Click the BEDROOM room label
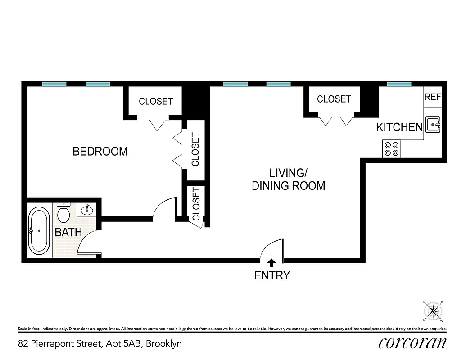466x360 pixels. (100, 152)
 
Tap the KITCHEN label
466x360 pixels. (399, 128)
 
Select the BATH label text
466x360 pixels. (68, 233)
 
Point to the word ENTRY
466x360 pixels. (272, 275)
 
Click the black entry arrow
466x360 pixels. (271, 262)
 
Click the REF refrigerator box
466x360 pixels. (433, 97)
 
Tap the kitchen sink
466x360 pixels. (433, 124)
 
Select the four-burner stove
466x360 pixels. (391, 149)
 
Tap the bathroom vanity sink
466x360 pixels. (86, 209)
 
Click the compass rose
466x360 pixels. (433, 310)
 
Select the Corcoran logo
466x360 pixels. (412, 343)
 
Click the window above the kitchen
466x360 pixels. (399, 84)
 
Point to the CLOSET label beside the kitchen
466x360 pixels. (334, 99)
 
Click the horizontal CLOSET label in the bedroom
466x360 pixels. (155, 101)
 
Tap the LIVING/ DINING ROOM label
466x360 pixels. (288, 179)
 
